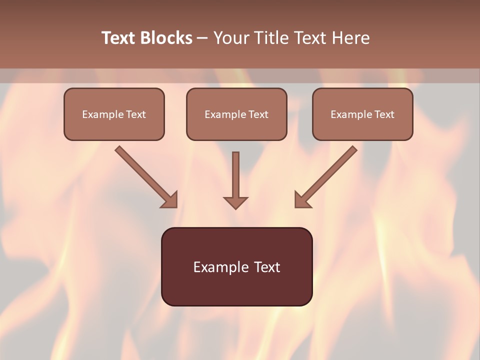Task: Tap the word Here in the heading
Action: click(350, 38)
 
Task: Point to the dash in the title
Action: click(202, 38)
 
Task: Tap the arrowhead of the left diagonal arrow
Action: click(170, 200)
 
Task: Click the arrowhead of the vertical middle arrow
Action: click(235, 202)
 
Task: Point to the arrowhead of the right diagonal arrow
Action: click(301, 200)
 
